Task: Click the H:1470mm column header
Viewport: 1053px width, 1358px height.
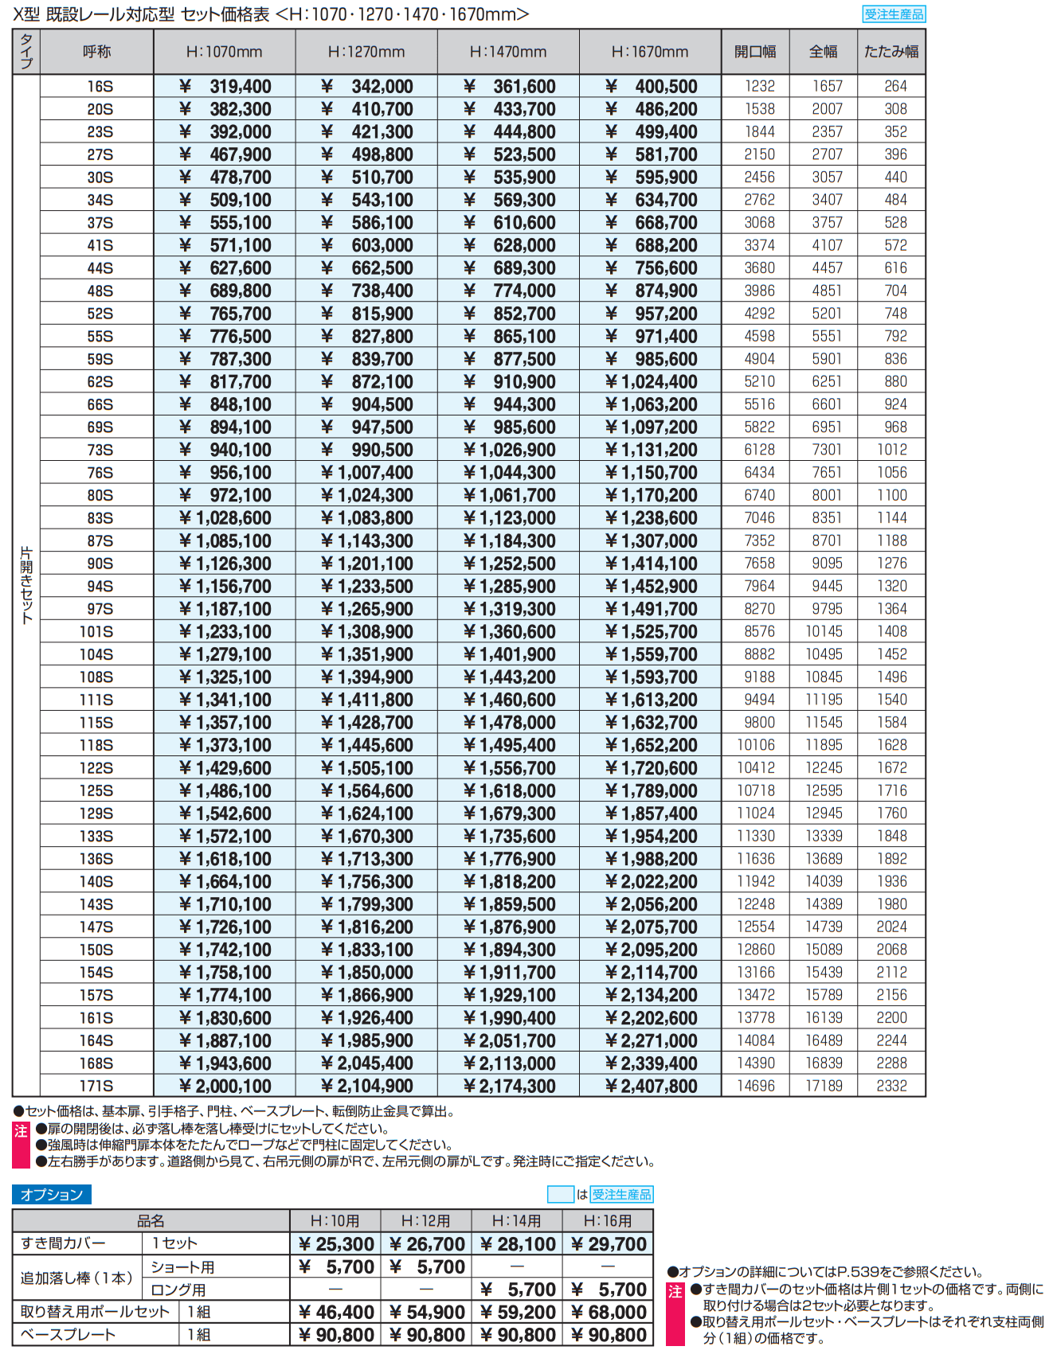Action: (x=508, y=52)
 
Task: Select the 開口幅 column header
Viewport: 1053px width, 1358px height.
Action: (x=755, y=52)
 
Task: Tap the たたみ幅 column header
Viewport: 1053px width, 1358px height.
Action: (x=891, y=52)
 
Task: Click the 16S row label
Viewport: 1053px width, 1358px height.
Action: (x=100, y=87)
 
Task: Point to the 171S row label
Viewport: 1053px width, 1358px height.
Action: (x=96, y=1086)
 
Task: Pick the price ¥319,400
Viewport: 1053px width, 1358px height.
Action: (x=225, y=87)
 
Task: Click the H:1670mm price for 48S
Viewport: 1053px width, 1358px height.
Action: (x=651, y=291)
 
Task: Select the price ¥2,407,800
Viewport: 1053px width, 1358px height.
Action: (x=651, y=1086)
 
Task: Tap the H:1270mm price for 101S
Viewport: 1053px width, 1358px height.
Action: (x=367, y=632)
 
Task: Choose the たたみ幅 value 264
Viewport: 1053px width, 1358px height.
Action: (x=895, y=86)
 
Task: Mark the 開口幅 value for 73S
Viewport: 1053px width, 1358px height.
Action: (x=759, y=450)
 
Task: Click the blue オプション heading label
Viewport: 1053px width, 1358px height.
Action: (x=52, y=1194)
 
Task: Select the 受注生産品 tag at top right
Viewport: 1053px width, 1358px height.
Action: (x=894, y=14)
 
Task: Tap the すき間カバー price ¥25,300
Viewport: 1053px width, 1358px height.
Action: (x=335, y=1244)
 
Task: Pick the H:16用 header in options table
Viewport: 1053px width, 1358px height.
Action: (x=608, y=1221)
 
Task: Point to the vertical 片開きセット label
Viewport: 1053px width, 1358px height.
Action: (x=26, y=585)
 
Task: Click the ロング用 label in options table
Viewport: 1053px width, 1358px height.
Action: (x=178, y=1290)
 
